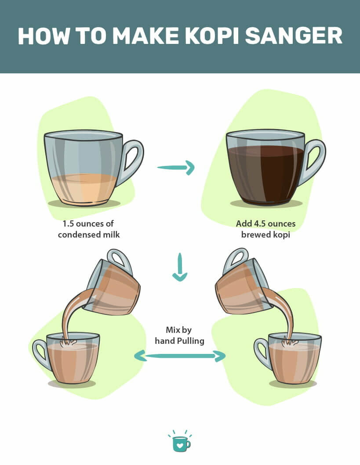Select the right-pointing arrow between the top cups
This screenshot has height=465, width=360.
point(176,167)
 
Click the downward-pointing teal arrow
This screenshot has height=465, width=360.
point(179,267)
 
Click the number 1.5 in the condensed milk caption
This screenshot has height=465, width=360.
point(69,223)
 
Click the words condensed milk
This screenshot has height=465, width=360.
point(89,234)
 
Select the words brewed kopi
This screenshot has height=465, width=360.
point(265,234)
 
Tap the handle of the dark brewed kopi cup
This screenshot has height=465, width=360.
point(314,160)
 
